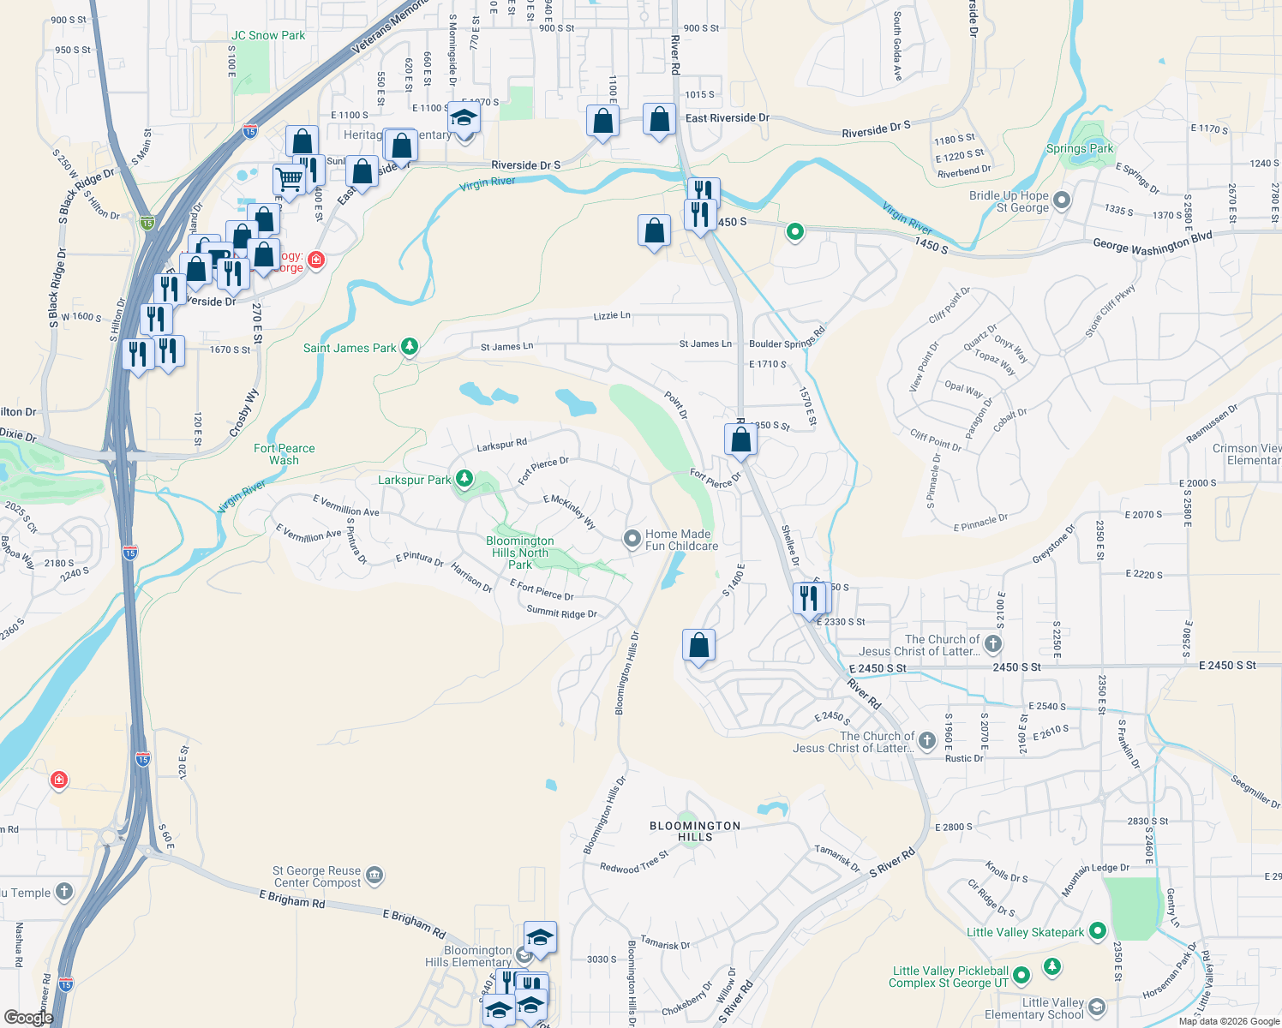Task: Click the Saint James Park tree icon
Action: [x=410, y=346]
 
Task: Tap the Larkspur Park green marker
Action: [x=464, y=478]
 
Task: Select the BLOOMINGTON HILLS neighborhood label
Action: [x=695, y=831]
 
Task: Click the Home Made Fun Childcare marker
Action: [x=632, y=538]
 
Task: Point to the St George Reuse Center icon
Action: [x=374, y=875]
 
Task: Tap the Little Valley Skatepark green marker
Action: [x=1098, y=930]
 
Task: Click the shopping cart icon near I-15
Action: [x=289, y=180]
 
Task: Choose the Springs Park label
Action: [x=1080, y=148]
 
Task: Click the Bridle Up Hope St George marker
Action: [x=1062, y=200]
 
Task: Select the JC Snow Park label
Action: [x=268, y=35]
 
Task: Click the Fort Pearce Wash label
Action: [x=285, y=454]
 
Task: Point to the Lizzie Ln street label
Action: [x=612, y=315]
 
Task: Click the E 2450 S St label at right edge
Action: [x=1227, y=665]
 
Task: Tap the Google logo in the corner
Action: [x=28, y=1017]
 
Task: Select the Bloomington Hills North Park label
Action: [x=520, y=553]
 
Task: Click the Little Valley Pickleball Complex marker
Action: [x=1021, y=975]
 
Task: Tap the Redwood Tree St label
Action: [x=634, y=863]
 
